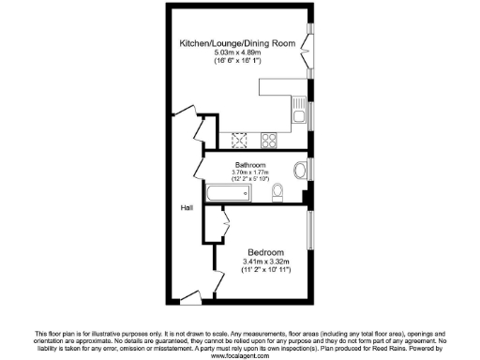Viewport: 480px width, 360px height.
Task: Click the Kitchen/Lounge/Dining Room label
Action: point(237,43)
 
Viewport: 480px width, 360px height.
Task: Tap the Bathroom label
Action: point(250,165)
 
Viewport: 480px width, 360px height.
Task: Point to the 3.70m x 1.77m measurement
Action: point(250,172)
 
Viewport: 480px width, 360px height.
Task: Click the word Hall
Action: point(187,207)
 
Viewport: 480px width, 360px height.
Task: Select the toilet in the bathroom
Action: point(278,193)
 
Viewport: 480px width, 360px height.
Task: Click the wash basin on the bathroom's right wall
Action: point(300,170)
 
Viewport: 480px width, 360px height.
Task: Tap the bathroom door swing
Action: point(200,169)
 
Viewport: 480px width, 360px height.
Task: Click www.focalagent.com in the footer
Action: point(240,355)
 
